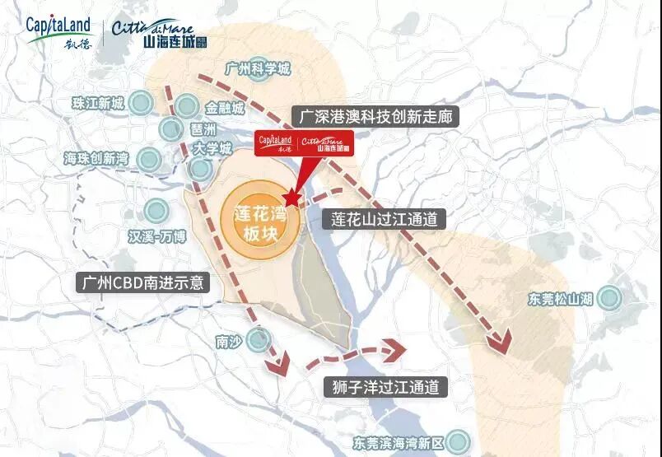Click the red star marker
point(290,197)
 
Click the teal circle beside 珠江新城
point(141,104)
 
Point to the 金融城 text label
point(224,109)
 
